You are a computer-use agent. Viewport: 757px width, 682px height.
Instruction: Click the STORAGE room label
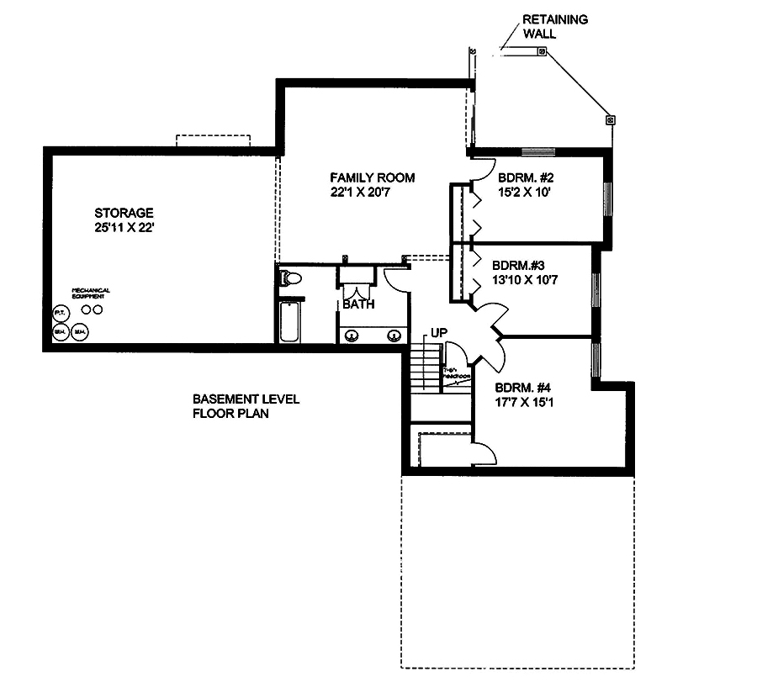tap(123, 213)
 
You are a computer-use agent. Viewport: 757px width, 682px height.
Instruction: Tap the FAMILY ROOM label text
tap(372, 177)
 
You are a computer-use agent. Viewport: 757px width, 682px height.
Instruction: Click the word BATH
tap(358, 305)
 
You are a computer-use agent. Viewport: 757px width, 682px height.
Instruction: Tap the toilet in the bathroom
tap(291, 278)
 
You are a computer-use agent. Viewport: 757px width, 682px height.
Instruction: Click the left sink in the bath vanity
tap(352, 336)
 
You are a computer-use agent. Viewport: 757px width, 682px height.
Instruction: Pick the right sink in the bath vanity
tap(394, 336)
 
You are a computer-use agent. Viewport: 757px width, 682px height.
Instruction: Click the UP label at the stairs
tap(439, 333)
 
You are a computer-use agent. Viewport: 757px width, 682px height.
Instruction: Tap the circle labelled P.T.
tap(60, 313)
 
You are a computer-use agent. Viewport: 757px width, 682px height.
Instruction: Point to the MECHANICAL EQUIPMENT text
tap(91, 293)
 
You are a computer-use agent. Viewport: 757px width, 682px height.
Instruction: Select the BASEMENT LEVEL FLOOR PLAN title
tap(234, 406)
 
